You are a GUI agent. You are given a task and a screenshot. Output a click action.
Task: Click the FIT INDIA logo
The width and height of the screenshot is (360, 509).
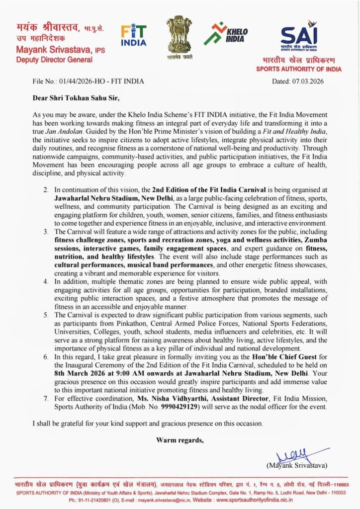(134, 35)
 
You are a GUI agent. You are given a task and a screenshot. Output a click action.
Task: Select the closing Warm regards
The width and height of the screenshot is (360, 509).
(180, 440)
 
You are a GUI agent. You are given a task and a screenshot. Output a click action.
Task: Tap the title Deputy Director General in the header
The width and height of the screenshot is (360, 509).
(54, 60)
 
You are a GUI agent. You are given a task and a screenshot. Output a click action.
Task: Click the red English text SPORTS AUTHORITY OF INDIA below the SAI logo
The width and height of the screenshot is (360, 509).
(298, 69)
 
